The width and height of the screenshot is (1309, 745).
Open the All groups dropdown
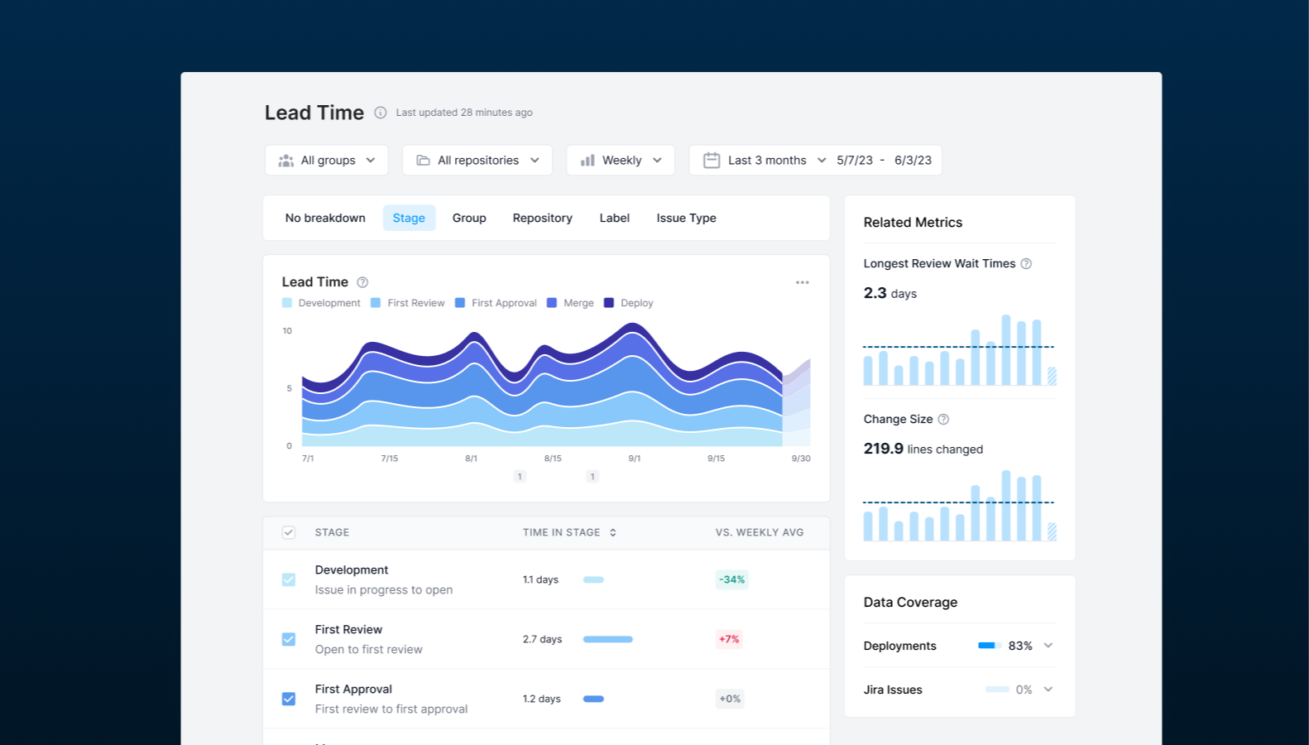(x=327, y=161)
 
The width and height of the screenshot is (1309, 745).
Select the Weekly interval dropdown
(x=621, y=161)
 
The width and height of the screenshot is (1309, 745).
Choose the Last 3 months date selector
(x=765, y=161)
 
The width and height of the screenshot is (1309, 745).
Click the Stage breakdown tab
(x=409, y=218)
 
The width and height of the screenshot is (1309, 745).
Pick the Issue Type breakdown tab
(x=686, y=218)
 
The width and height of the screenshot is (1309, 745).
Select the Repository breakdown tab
(x=542, y=218)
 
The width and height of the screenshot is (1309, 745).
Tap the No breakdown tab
(x=325, y=218)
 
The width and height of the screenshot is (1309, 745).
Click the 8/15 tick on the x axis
(x=553, y=459)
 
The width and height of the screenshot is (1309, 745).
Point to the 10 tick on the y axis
(x=287, y=331)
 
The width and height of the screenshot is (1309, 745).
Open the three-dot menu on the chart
(x=803, y=282)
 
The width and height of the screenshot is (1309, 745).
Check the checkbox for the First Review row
(x=289, y=639)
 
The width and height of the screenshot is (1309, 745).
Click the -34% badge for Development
(x=731, y=579)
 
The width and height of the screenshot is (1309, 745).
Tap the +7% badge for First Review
(x=729, y=639)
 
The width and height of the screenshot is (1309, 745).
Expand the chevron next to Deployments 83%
(x=1048, y=646)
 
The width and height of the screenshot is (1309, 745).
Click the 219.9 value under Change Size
(x=883, y=449)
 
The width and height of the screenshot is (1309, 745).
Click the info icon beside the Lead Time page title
(x=381, y=113)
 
